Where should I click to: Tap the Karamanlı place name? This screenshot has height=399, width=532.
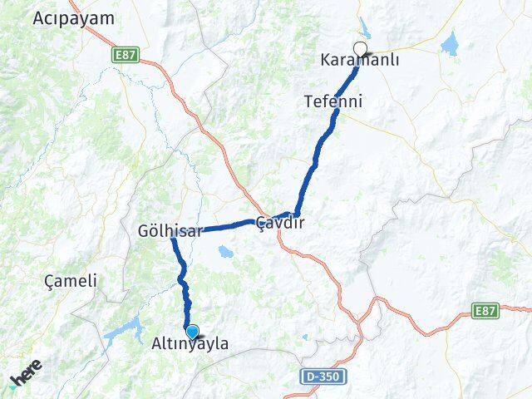[x=359, y=62]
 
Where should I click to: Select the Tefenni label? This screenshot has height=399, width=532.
[x=332, y=101]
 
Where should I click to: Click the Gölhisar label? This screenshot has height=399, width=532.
[x=171, y=232]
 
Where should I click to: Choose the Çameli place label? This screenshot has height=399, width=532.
[x=72, y=281]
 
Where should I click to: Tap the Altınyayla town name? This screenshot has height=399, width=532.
[x=190, y=343]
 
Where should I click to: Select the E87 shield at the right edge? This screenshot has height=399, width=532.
[x=487, y=310]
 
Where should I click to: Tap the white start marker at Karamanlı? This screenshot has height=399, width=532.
[x=360, y=48]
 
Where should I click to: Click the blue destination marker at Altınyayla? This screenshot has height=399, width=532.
[x=192, y=331]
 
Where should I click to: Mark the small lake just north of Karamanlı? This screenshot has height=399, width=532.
[x=366, y=27]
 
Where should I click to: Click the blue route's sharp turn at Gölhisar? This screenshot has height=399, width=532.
[x=173, y=238]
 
